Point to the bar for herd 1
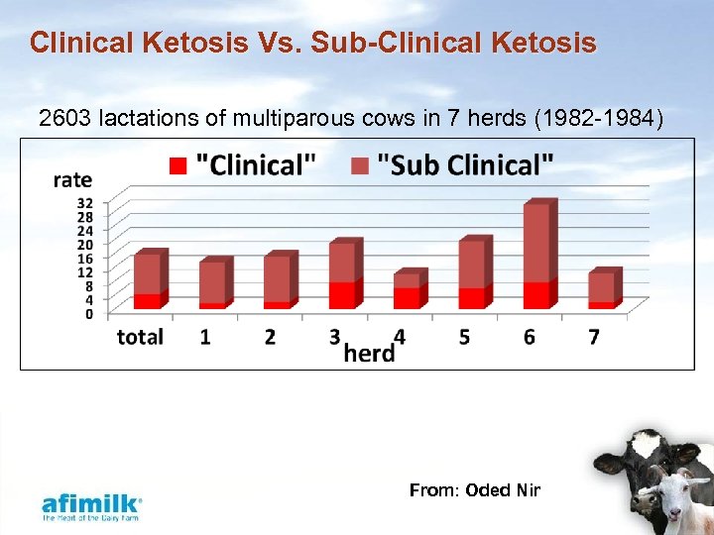click(x=213, y=283)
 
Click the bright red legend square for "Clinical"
click(x=178, y=164)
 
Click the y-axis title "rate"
click(x=72, y=179)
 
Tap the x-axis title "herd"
click(x=369, y=352)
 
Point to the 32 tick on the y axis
click(x=85, y=203)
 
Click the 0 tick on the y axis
click(x=89, y=314)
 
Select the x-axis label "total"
click(x=140, y=337)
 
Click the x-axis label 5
click(x=464, y=337)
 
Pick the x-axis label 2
click(x=270, y=337)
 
